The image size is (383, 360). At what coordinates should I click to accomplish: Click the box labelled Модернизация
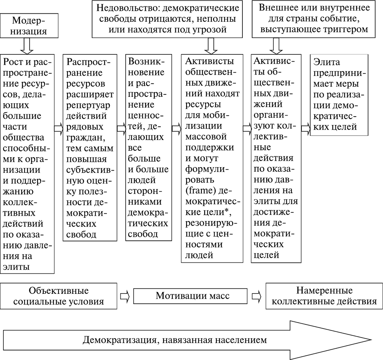point(29,25)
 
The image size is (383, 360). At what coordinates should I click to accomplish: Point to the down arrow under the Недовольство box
point(210,46)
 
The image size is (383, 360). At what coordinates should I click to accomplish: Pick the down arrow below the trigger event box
point(277,46)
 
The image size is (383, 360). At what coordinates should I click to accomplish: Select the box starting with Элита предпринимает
point(339,94)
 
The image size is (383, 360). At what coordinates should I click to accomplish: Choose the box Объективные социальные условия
point(59,296)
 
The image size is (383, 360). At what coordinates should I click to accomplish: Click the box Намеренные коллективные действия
point(324,296)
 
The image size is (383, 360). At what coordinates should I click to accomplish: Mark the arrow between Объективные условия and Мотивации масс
point(125,296)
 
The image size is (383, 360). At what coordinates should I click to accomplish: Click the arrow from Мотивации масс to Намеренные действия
point(257,296)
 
